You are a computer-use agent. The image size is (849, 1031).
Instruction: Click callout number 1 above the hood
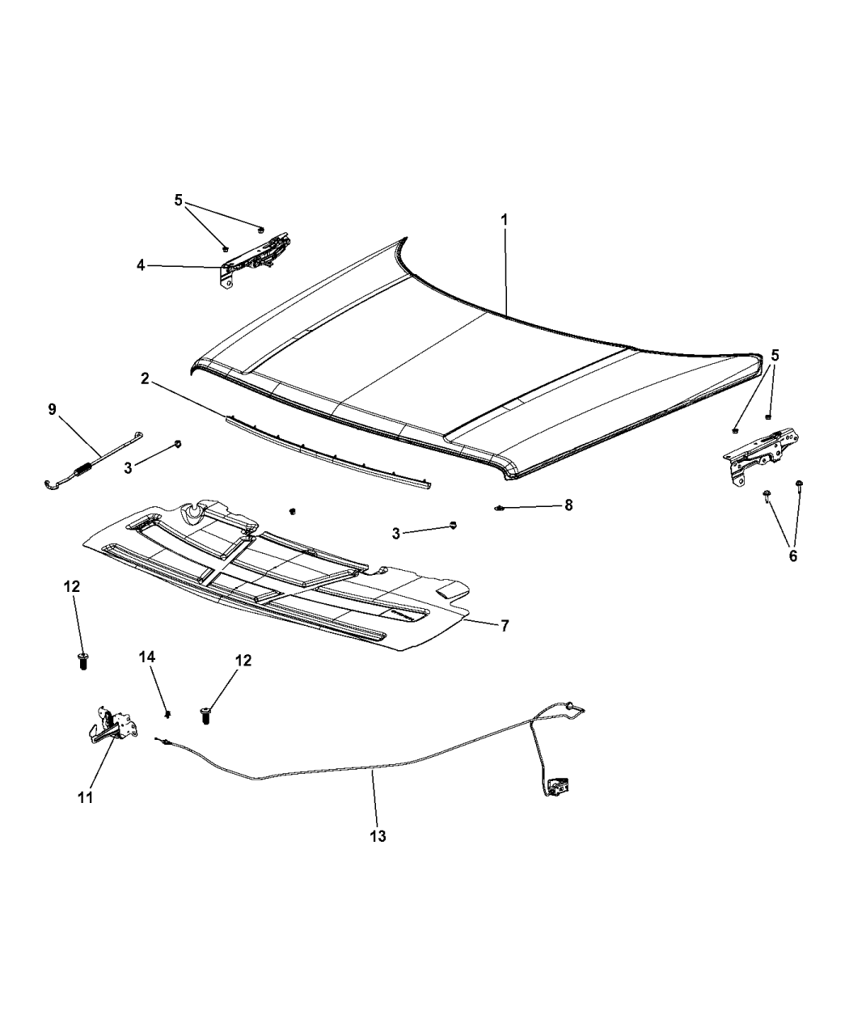(505, 220)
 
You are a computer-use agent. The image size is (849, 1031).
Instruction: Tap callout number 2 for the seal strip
(145, 379)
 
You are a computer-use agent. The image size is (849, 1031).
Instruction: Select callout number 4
(141, 266)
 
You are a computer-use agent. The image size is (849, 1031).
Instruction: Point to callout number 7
(505, 626)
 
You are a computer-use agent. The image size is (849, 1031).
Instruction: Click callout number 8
(568, 505)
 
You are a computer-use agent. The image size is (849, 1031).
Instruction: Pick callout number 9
(53, 409)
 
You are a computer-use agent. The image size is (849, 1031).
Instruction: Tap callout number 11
(86, 797)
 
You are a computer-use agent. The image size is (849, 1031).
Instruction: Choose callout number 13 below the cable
(378, 836)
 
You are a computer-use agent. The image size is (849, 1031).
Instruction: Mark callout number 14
(146, 657)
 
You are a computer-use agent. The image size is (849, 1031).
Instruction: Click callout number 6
(792, 556)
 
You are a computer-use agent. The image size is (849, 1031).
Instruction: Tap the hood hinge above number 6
(761, 456)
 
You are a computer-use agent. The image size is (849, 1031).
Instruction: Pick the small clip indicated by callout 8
(500, 508)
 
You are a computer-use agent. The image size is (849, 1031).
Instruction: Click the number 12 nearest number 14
(243, 661)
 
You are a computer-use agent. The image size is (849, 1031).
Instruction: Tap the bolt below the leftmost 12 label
(83, 660)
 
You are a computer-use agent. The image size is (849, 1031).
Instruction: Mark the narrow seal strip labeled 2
(327, 452)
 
